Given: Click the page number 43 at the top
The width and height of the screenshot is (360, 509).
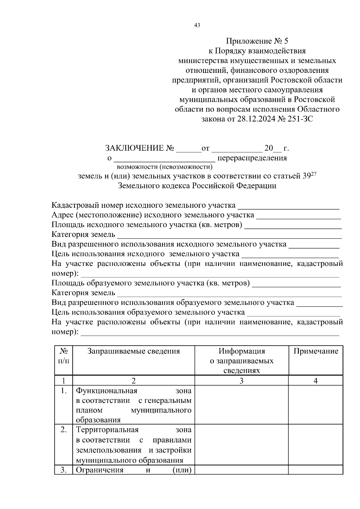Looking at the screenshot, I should (197, 25).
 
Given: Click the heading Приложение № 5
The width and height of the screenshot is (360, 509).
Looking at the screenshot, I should (257, 41).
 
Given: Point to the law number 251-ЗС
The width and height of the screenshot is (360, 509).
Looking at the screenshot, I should (299, 119).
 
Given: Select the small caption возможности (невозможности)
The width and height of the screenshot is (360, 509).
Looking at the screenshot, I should (164, 167).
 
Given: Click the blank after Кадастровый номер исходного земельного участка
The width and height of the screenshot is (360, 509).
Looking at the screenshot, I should (288, 206).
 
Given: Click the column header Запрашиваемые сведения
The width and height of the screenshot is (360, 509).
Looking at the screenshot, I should (133, 351).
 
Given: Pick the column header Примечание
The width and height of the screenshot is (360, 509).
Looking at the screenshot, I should (316, 351).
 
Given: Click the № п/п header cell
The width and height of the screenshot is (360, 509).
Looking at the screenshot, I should (64, 356).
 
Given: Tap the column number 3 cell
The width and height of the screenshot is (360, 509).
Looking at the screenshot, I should (241, 381).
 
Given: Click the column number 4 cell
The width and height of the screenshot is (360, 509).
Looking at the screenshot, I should (316, 381).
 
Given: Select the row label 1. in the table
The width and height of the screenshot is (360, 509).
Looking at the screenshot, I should (64, 391).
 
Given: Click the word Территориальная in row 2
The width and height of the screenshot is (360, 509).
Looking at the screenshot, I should (107, 430).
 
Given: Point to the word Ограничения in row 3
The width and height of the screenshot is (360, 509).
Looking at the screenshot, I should (100, 470).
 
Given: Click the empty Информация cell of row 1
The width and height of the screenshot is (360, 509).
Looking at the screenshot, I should (241, 405).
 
